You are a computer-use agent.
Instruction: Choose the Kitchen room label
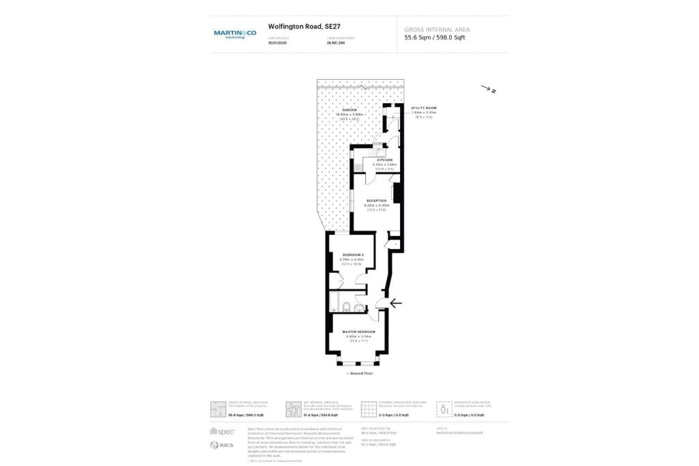click(x=385, y=160)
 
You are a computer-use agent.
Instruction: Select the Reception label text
click(x=376, y=201)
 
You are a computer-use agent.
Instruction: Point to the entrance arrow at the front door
click(x=395, y=303)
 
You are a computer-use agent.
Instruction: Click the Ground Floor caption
click(x=360, y=374)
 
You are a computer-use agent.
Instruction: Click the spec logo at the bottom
click(x=223, y=431)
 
